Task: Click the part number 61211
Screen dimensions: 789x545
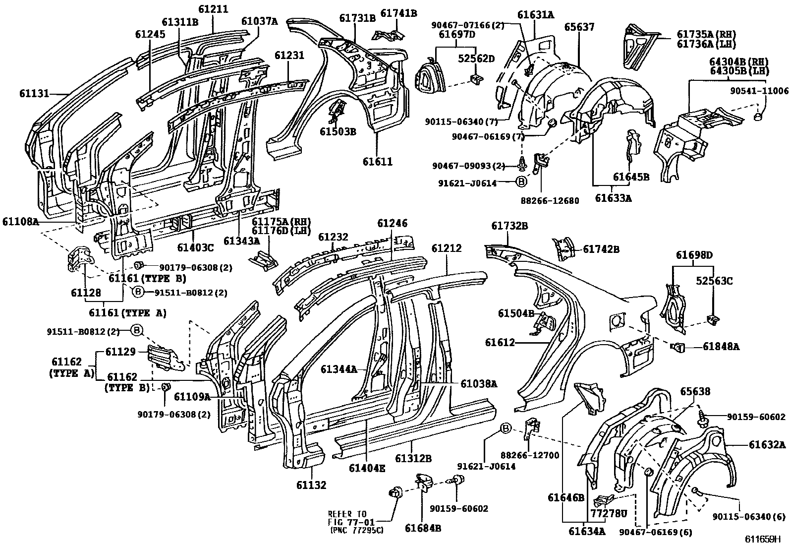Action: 213,9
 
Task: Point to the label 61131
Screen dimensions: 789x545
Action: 34,93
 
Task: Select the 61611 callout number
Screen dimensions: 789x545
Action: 378,162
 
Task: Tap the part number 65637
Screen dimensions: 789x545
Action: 579,27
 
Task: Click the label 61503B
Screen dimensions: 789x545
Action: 338,131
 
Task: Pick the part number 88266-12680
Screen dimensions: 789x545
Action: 550,200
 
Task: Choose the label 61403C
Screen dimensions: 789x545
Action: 195,247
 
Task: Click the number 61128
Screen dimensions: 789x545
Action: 86,293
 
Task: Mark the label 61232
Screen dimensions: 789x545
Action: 333,237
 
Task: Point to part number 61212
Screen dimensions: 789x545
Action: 446,248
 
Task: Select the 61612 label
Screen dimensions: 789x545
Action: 500,342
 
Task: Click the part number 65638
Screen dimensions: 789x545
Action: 695,391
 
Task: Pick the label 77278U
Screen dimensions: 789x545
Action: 609,514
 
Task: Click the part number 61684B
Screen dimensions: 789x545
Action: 423,528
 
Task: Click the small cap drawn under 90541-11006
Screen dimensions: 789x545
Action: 758,116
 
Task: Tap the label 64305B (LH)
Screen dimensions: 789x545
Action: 739,70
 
